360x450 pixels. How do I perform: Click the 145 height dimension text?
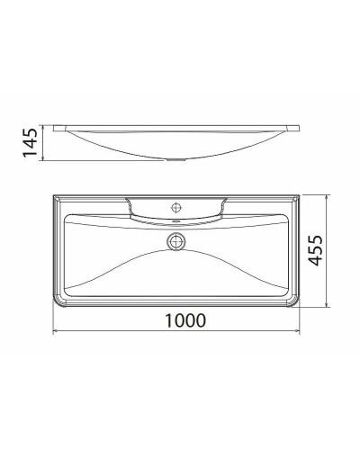(29, 141)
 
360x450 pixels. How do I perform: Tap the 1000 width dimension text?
(179, 320)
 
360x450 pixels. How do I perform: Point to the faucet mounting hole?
(177, 203)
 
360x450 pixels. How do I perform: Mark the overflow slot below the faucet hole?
(177, 219)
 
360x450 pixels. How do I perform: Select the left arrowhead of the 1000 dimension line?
(56, 331)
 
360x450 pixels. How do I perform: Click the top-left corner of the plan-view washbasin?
(55, 193)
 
